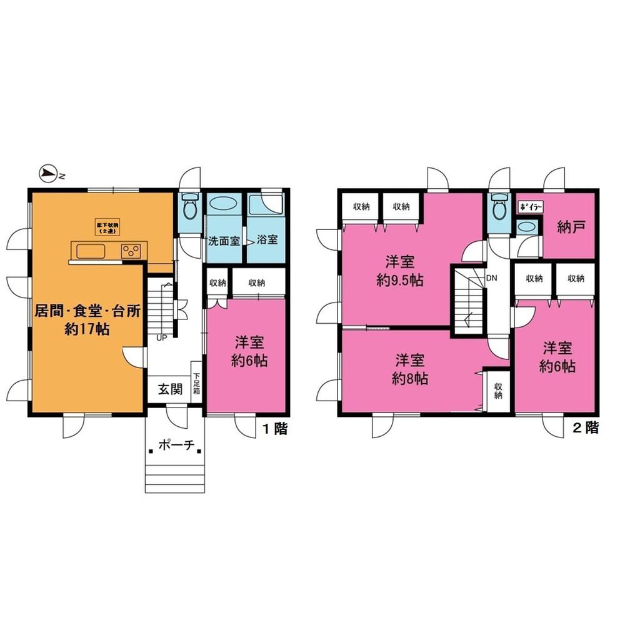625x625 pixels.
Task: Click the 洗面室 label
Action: [x=224, y=240]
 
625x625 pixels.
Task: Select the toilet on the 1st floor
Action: [x=189, y=204]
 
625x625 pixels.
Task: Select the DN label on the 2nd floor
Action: [x=491, y=277]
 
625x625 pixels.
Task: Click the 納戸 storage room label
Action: [x=571, y=227]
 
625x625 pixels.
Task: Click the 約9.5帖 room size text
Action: [x=400, y=281]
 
